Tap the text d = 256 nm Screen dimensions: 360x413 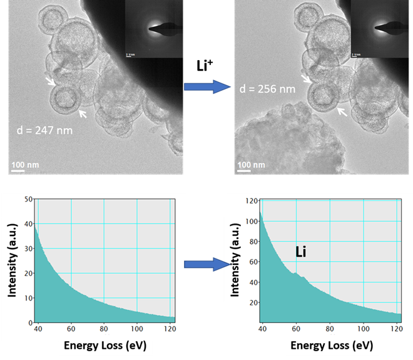[267, 89]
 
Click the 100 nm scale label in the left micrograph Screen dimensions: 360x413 [26, 165]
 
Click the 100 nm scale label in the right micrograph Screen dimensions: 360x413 [252, 165]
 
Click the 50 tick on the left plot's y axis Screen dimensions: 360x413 [28, 200]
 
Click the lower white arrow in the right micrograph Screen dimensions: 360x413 [341, 111]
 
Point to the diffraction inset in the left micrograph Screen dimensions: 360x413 [151, 29]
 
